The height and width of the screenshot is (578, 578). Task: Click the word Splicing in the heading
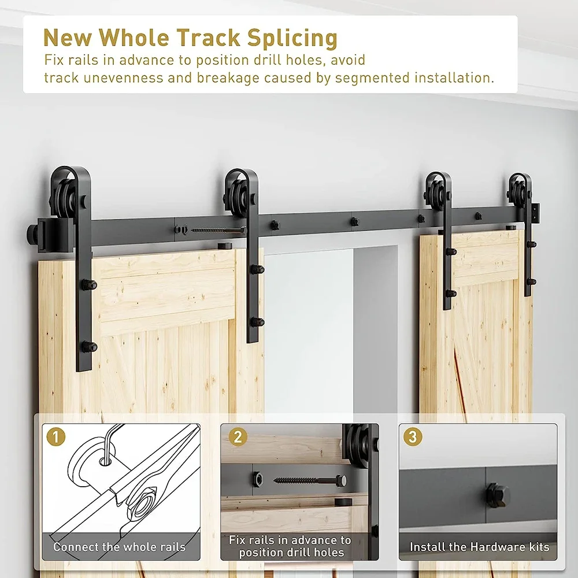pyautogui.click(x=292, y=38)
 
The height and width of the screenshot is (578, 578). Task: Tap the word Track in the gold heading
pyautogui.click(x=209, y=38)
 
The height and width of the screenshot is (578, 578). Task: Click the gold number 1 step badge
pyautogui.click(x=56, y=437)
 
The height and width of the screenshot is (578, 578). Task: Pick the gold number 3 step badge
pyautogui.click(x=412, y=437)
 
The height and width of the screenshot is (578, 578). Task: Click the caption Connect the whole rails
pyautogui.click(x=120, y=547)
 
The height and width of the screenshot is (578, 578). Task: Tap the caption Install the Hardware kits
pyautogui.click(x=479, y=547)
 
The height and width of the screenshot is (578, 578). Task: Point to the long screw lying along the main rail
pyautogui.click(x=217, y=230)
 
